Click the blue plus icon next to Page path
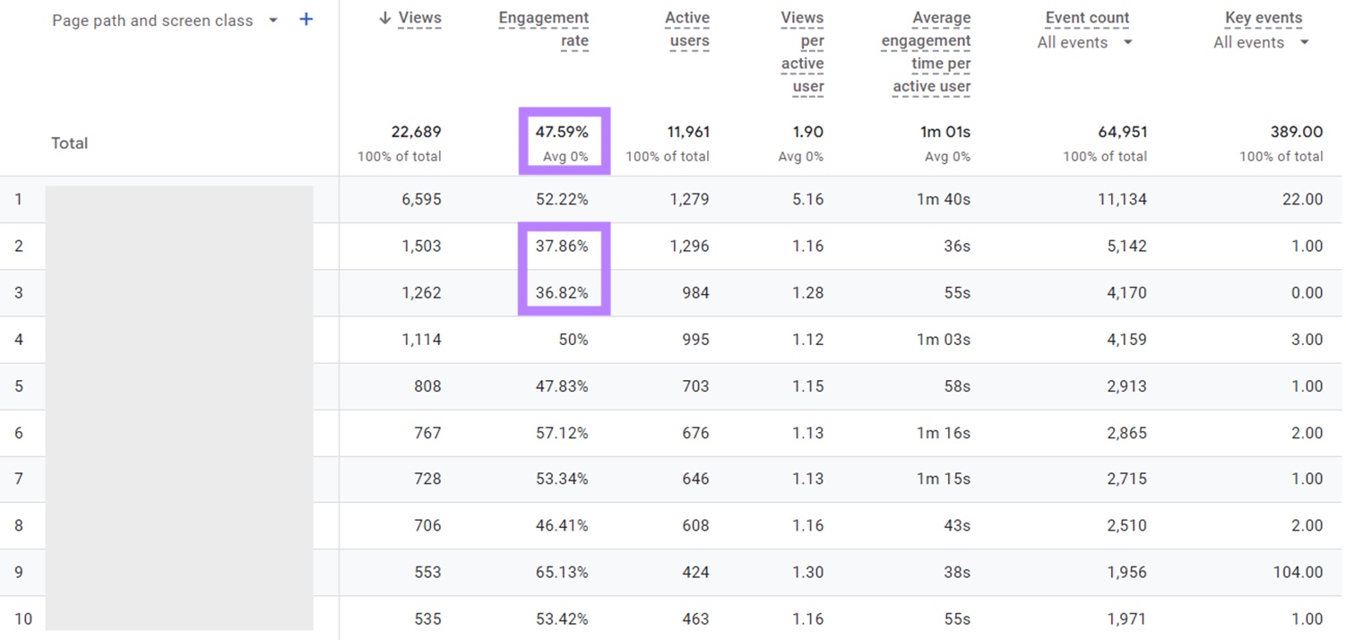click(306, 20)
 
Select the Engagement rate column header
click(544, 30)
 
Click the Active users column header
click(687, 30)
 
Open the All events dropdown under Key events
click(1261, 42)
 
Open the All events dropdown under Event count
click(1084, 42)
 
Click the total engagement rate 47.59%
click(562, 132)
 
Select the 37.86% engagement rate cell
click(562, 246)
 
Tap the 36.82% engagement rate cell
click(562, 292)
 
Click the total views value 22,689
click(416, 132)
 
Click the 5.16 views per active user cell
click(807, 199)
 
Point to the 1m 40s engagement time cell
click(943, 199)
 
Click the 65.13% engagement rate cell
click(562, 572)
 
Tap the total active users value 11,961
click(687, 132)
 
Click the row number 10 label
click(22, 618)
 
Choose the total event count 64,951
click(1122, 132)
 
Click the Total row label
click(69, 143)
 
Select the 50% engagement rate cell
click(573, 339)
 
